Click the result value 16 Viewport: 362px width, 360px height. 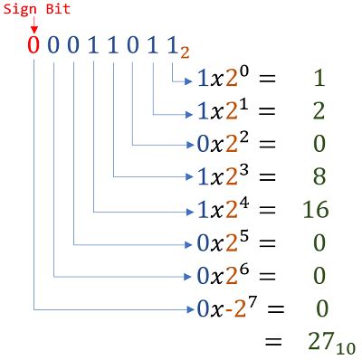(x=314, y=210)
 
